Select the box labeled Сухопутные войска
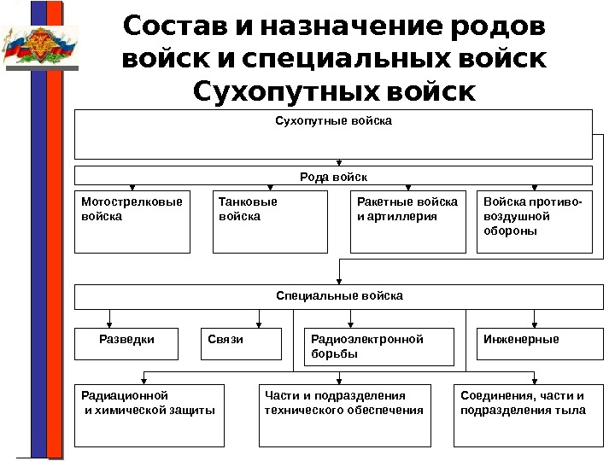[333, 134]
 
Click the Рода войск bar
[333, 176]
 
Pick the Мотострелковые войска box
[132, 221]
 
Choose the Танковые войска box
[270, 221]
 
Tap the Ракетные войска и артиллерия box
[408, 221]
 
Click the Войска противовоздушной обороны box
[534, 221]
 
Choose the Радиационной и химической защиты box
[149, 415]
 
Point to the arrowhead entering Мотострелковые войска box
[132, 187]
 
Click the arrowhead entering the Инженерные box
[534, 324]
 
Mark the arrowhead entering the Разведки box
[108, 324]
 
